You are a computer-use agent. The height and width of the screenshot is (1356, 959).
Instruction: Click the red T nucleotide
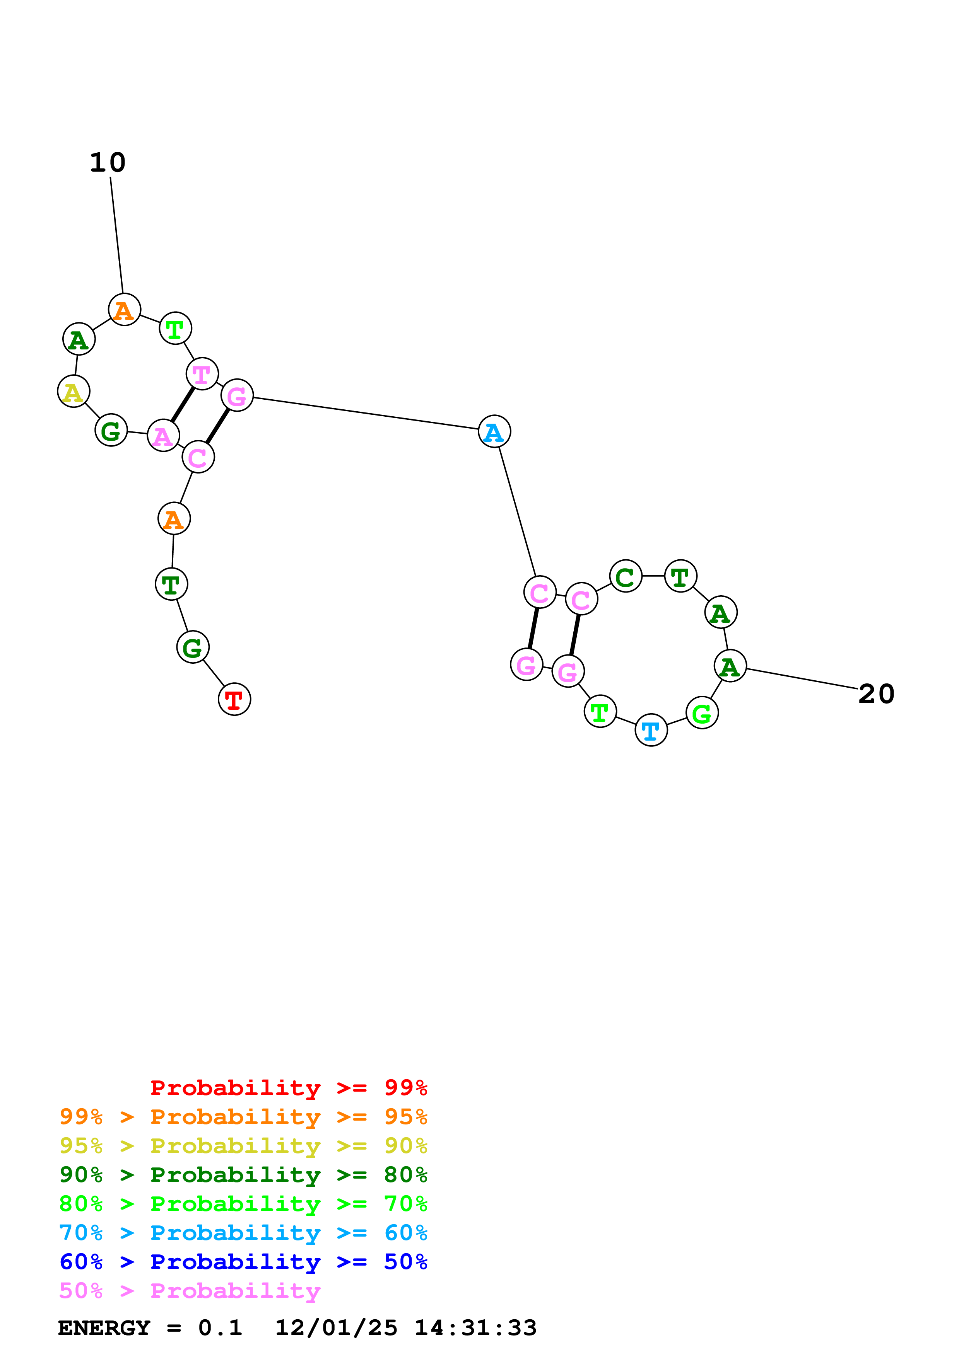point(234,699)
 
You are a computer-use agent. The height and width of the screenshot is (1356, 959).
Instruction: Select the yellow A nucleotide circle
point(73,392)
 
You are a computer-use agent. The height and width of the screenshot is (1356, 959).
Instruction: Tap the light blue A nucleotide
point(494,432)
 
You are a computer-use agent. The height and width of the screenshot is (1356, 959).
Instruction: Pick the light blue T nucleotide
point(651,731)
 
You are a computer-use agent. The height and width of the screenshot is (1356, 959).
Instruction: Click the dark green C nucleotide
point(625,576)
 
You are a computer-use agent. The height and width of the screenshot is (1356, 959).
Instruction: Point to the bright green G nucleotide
point(702,714)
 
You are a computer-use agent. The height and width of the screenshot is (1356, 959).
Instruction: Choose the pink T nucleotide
point(202,374)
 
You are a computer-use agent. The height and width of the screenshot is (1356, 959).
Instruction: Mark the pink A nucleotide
point(163,436)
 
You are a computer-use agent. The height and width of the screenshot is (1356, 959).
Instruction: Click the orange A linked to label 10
point(124,310)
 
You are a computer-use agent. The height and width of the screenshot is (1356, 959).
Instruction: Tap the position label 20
point(876,694)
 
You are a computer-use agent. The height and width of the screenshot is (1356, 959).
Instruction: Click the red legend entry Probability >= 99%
point(288,1088)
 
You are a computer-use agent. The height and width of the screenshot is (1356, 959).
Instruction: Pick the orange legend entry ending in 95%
point(243,1117)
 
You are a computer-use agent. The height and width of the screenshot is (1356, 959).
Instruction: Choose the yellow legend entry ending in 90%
point(243,1146)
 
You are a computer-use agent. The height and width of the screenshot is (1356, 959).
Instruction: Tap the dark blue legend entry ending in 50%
point(243,1262)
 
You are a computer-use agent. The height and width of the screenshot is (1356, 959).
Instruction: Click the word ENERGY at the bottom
point(104,1328)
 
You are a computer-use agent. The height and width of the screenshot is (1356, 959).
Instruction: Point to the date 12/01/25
point(336,1328)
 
